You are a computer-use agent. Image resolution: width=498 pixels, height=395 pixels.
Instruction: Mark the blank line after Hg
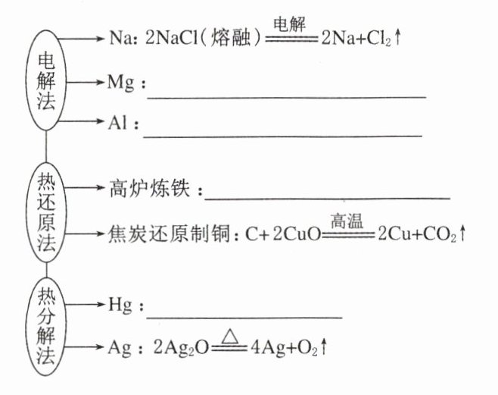(x=242, y=316)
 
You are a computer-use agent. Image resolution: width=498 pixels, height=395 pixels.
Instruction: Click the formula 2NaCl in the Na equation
(x=173, y=39)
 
